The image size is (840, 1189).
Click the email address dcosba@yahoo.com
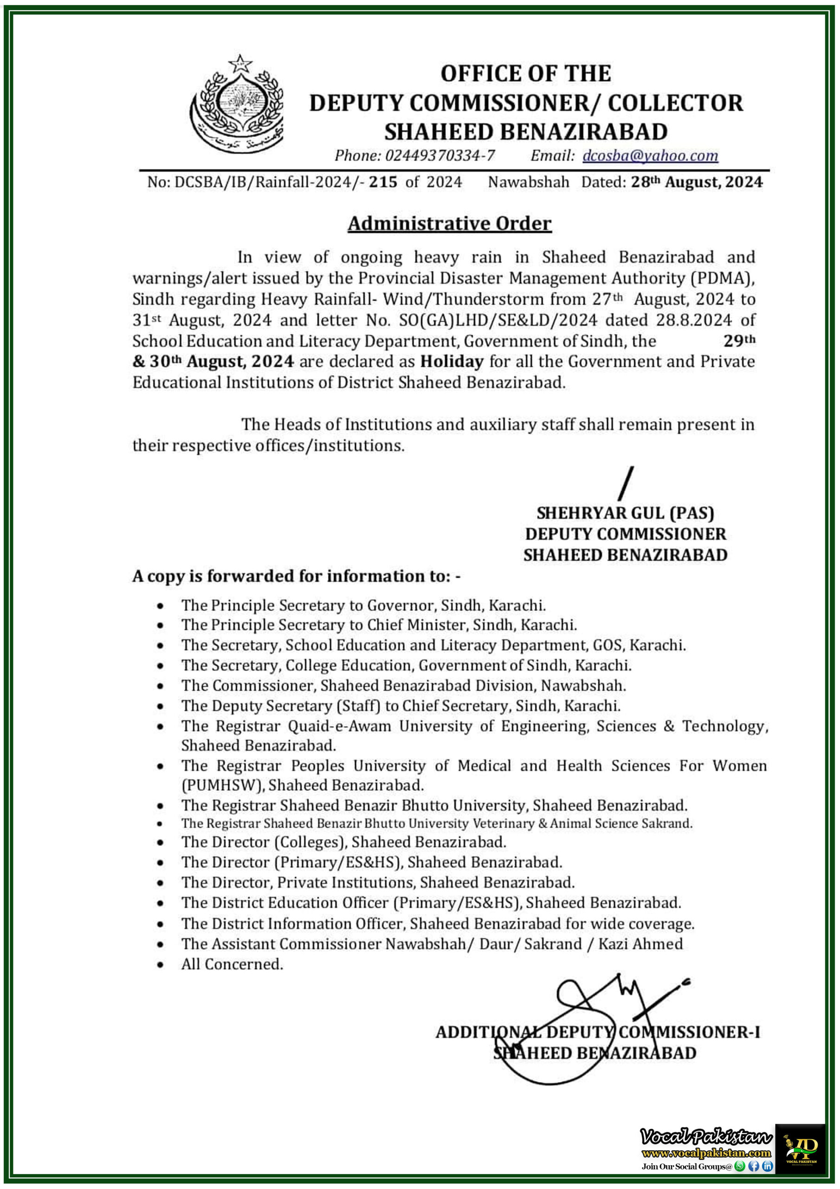[650, 155]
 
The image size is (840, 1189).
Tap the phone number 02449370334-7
[439, 155]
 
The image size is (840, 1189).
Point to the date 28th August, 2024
[696, 182]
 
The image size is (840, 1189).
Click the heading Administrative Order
[449, 223]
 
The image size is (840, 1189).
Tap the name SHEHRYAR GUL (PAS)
[625, 513]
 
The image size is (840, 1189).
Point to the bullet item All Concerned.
[232, 964]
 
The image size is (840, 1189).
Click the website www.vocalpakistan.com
[706, 1153]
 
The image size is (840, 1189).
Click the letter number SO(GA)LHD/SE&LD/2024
[498, 320]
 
